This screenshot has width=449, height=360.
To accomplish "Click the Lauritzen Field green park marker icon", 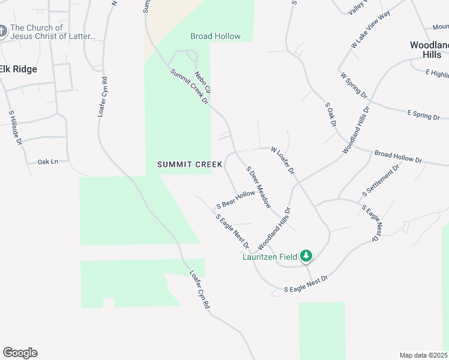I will point(307,256).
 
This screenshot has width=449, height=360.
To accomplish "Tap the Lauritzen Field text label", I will point(270,257).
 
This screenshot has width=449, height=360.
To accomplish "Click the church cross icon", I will point(3,31).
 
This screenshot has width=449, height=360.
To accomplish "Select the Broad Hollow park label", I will point(215,37).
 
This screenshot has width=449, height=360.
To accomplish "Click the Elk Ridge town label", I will point(18,70).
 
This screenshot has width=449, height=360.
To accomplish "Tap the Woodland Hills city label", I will point(429,49).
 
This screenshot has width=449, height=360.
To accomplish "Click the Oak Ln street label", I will point(48,161).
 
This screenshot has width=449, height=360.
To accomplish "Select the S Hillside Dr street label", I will point(15,128).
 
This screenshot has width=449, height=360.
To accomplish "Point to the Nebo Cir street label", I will point(203,82).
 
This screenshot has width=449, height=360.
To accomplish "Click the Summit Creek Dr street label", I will point(188,87).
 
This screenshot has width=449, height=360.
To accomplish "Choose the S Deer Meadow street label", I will point(259,185).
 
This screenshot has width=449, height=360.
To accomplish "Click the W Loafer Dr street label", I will point(282,160).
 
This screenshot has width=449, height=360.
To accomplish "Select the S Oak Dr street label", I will point(330,114).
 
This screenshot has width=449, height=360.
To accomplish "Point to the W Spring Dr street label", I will point(353,85).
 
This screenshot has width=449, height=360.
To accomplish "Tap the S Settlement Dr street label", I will point(381,182).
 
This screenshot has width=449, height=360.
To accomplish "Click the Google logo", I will point(20,353).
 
